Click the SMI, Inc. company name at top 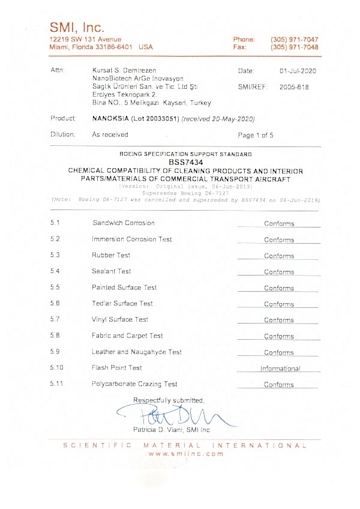(x=77, y=27)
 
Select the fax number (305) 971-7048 (x=294, y=47)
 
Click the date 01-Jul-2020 (x=298, y=71)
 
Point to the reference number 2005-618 (x=294, y=86)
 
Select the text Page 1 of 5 (x=256, y=135)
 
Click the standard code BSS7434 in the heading (x=185, y=162)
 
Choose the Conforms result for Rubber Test (x=279, y=256)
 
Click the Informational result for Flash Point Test (x=280, y=369)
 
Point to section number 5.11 (x=58, y=384)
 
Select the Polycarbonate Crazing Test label (x=134, y=384)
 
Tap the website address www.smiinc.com (x=185, y=454)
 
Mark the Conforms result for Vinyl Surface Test (x=279, y=320)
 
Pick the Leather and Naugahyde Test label (x=137, y=352)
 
